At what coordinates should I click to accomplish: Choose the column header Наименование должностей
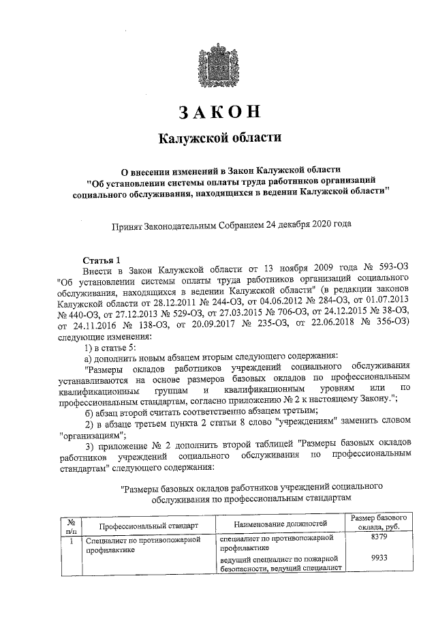[x=280, y=524]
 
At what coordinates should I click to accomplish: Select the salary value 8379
[x=379, y=538]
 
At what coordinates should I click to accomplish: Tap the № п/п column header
[x=70, y=524]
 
